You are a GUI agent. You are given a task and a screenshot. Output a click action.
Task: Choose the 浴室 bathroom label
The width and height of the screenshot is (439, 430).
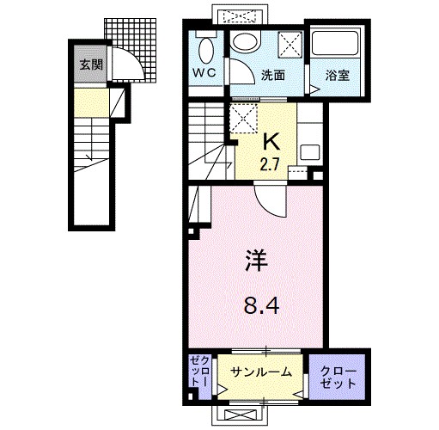click(338, 76)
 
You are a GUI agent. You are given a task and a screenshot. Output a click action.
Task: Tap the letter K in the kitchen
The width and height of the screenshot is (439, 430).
click(270, 139)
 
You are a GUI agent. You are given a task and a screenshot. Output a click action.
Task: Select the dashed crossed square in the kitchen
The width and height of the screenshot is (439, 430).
click(246, 118)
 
